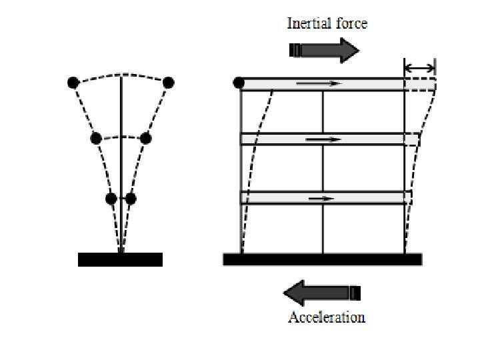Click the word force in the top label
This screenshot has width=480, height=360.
(x=351, y=24)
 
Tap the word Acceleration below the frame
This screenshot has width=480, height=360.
(x=327, y=317)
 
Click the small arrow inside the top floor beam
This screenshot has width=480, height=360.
(x=319, y=84)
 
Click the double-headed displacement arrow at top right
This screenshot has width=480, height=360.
(x=420, y=67)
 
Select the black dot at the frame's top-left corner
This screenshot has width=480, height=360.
(x=239, y=83)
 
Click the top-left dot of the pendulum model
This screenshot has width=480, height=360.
(x=73, y=83)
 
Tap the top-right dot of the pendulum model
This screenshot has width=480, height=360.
(x=168, y=83)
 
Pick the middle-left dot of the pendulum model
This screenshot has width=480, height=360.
(x=95, y=139)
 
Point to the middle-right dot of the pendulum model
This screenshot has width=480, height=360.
(x=146, y=139)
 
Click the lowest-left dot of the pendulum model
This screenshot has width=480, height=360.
(x=111, y=199)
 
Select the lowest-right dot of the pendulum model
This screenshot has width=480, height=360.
(x=131, y=199)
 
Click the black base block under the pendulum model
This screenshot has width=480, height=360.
(x=120, y=259)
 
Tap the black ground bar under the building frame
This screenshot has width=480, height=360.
(x=322, y=259)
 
